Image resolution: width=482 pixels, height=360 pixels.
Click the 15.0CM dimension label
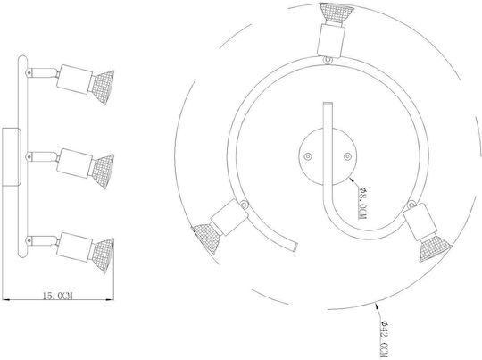pos(57,296)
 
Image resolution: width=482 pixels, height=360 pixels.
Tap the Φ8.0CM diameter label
pos(362,203)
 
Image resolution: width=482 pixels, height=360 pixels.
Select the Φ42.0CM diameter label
pos(384,339)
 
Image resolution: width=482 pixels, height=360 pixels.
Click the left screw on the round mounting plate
pos(308,156)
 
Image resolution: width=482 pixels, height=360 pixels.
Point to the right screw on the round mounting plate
pos(347,156)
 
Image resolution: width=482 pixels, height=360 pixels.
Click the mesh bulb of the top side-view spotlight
pos(103,88)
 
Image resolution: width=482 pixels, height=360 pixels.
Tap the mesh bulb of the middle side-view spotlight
pos(103,172)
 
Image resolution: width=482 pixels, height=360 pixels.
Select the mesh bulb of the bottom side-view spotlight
pos(103,255)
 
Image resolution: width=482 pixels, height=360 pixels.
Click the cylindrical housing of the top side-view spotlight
pos(74,80)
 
